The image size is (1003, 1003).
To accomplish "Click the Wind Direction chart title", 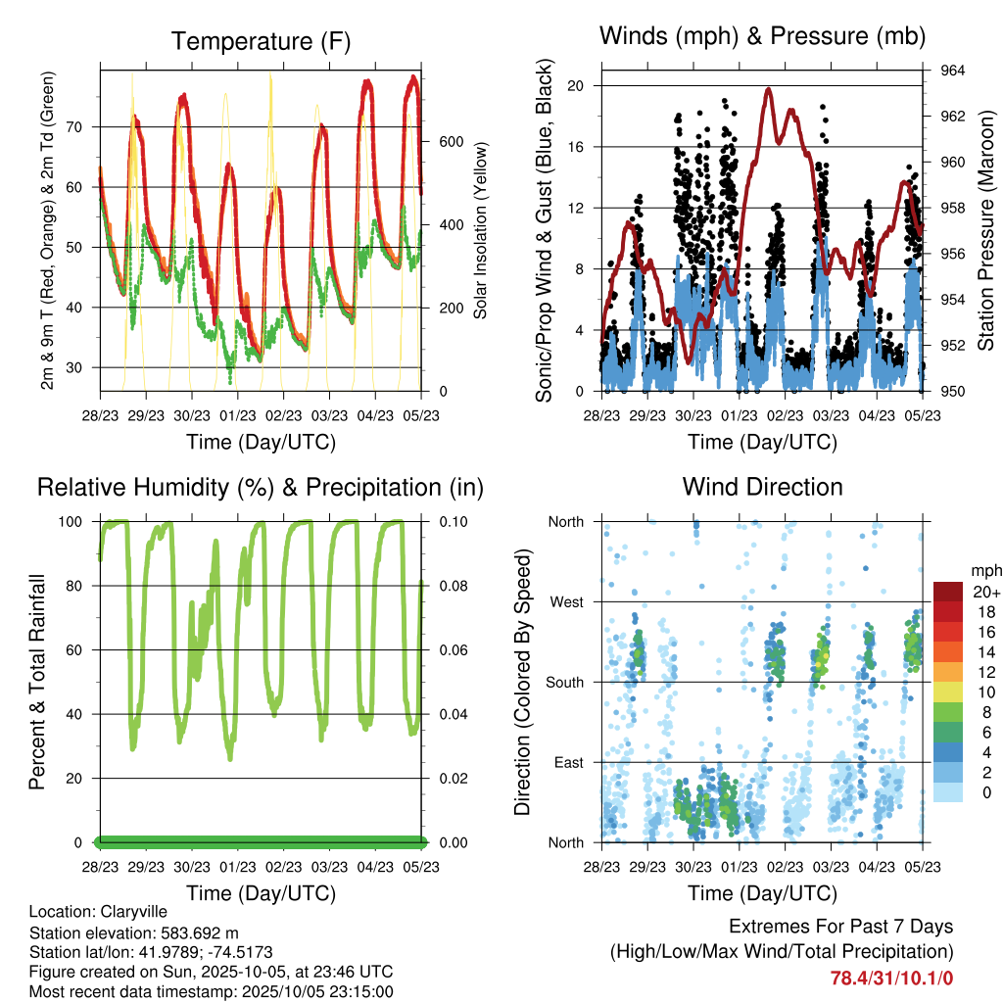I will click(x=762, y=487).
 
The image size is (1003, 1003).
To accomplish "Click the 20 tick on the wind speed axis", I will click(x=576, y=85).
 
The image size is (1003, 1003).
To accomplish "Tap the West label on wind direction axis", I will click(x=566, y=601).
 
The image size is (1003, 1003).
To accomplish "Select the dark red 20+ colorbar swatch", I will click(x=947, y=591).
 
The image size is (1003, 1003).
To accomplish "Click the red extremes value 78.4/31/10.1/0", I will click(x=891, y=978).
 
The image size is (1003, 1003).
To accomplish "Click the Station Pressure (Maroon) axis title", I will click(x=986, y=230).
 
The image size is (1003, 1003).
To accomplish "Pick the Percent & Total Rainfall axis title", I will click(x=38, y=682).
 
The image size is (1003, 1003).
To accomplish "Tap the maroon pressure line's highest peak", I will click(x=769, y=89).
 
